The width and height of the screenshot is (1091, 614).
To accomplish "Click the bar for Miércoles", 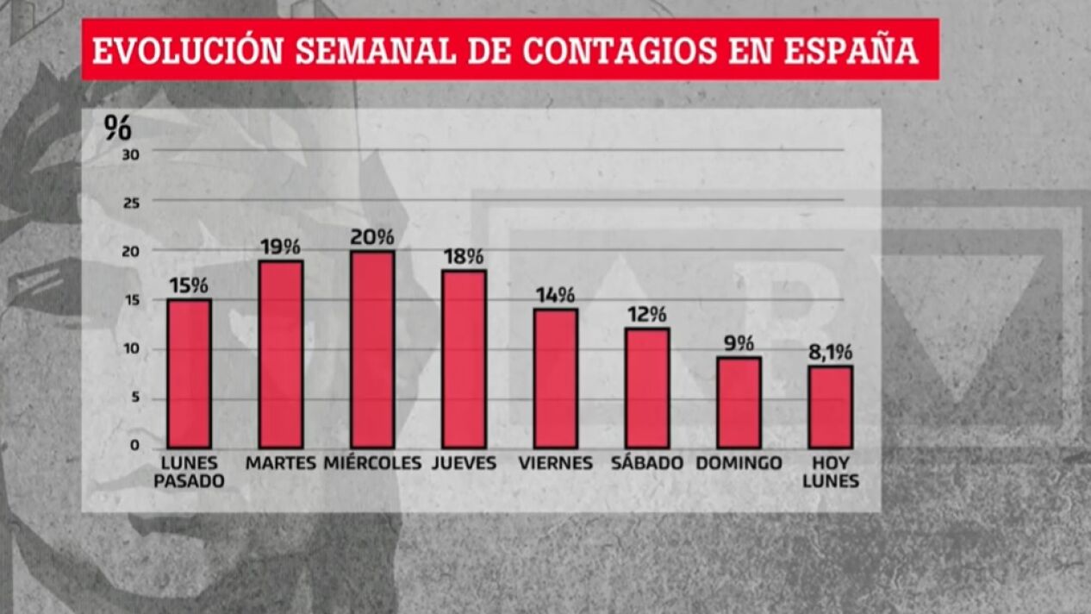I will (372, 349).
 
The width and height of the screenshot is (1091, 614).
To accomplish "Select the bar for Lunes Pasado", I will (189, 373).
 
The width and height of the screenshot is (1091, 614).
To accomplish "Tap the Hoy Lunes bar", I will (831, 407).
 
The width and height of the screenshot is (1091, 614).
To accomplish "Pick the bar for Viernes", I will (556, 378).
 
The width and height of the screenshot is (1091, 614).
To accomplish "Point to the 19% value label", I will (281, 247).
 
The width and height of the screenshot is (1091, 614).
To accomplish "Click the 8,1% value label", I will (831, 352).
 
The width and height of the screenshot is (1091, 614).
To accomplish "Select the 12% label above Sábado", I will (647, 315).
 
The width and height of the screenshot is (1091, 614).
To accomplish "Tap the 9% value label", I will (739, 343).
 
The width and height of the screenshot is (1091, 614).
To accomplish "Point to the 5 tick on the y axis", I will (134, 398).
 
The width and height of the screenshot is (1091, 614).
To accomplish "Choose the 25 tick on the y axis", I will (134, 202).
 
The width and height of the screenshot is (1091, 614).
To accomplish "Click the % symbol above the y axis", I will (117, 127).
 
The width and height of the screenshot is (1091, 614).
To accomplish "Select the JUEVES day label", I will (464, 463).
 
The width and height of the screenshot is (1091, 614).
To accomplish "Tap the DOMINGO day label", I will (739, 463).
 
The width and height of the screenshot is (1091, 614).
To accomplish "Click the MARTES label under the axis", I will (281, 463).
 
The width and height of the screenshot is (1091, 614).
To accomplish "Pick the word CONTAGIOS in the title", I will (620, 50).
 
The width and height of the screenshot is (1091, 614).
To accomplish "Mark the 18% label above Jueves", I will (464, 256).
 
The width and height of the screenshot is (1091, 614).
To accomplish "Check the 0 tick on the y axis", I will (134, 445).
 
